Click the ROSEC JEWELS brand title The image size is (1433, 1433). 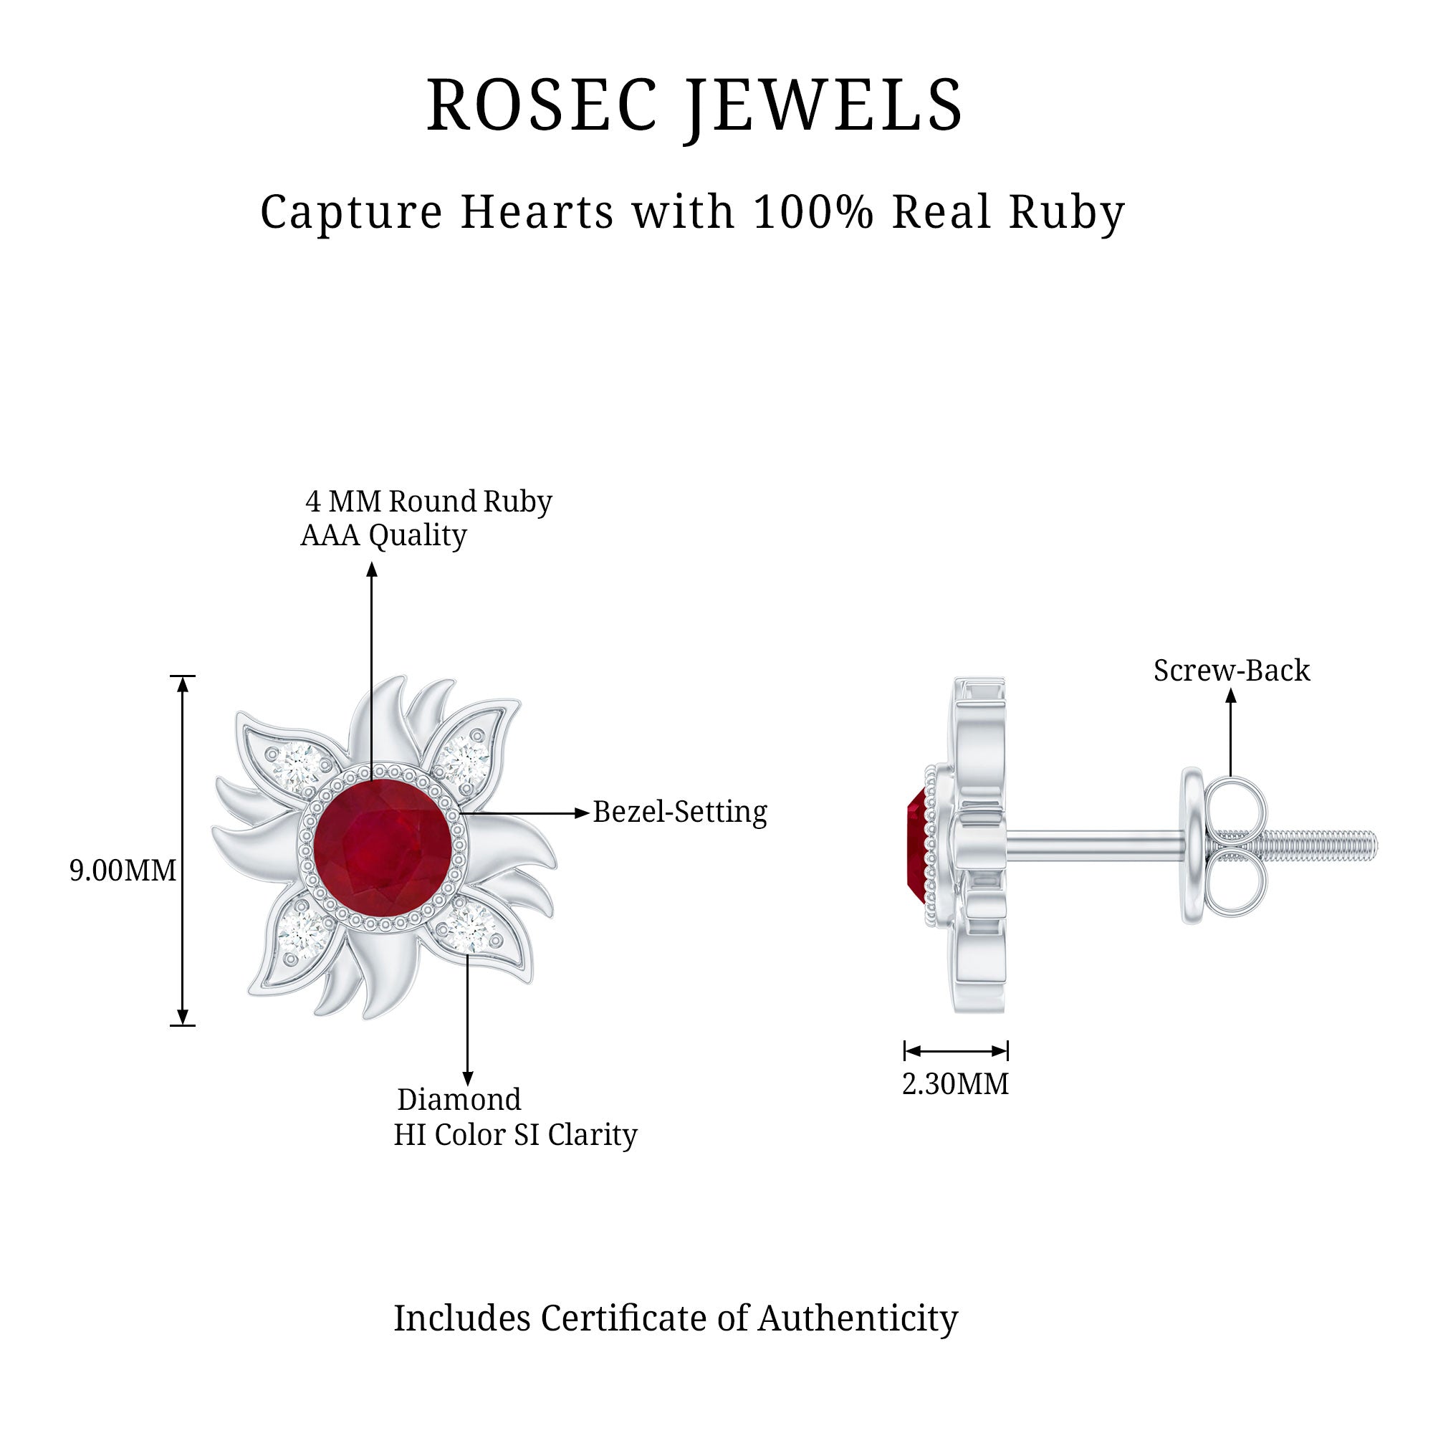click(694, 106)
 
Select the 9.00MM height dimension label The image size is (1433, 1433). click(123, 870)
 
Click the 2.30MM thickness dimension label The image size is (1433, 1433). click(955, 1084)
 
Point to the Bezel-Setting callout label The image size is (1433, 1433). click(679, 813)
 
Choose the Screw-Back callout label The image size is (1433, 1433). click(1231, 671)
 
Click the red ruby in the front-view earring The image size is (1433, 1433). click(380, 851)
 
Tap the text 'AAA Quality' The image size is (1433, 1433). click(383, 535)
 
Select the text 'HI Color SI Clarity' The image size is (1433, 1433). click(514, 1135)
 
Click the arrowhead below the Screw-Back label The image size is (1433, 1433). click(1230, 696)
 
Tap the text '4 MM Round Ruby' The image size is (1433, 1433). click(428, 502)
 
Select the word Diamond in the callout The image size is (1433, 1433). click(459, 1099)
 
